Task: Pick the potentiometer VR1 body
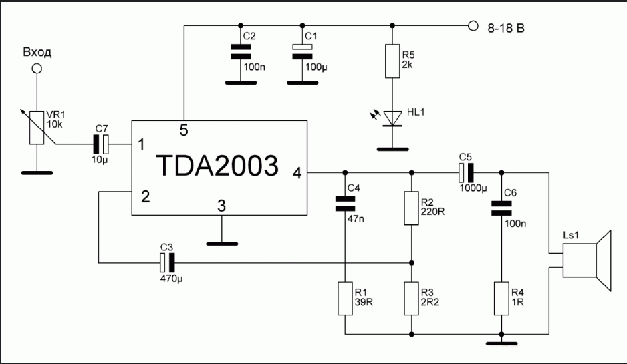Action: click(38, 126)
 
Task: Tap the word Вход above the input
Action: click(37, 52)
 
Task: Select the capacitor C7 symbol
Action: click(102, 143)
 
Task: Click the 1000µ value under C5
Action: click(474, 188)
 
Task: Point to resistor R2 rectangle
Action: click(411, 208)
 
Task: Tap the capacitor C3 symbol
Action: click(167, 262)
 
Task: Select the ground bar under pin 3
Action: click(222, 243)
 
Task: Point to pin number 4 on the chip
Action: click(297, 173)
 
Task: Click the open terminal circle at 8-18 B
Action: click(473, 26)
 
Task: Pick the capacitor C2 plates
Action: click(235, 52)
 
